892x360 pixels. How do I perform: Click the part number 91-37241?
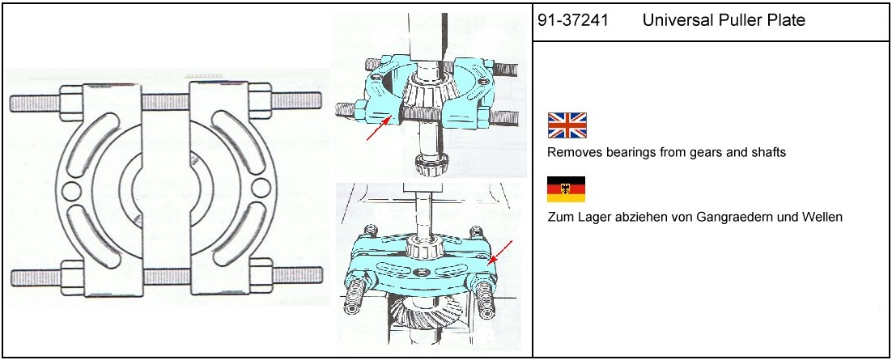click(x=573, y=21)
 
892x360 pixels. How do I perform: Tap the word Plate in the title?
click(x=787, y=21)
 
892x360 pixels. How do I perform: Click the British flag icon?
click(x=567, y=125)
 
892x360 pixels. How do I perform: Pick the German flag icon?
click(x=566, y=189)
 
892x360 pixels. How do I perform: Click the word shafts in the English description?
click(x=768, y=153)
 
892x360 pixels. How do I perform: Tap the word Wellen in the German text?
click(x=825, y=217)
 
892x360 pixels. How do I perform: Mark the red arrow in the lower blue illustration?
click(x=500, y=252)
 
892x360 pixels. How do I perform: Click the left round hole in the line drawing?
click(x=70, y=191)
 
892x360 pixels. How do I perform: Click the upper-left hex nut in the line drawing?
click(x=71, y=103)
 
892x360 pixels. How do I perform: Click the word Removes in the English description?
click(x=568, y=153)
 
